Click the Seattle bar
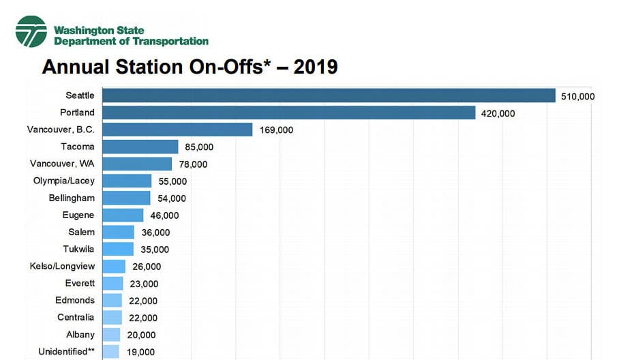click(329, 95)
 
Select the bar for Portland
click(288, 112)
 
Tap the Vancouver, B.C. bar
click(177, 130)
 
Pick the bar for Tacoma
click(140, 147)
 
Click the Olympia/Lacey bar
click(127, 181)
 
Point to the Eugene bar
click(123, 215)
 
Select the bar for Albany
click(111, 335)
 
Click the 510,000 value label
click(577, 96)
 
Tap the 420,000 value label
click(498, 113)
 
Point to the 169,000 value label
click(276, 130)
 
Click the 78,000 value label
click(193, 164)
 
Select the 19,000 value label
click(140, 352)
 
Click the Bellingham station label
click(72, 198)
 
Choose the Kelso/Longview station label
click(62, 266)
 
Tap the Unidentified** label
click(63, 352)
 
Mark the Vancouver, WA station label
click(62, 164)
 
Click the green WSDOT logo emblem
click(31, 31)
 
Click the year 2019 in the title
click(316, 67)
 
